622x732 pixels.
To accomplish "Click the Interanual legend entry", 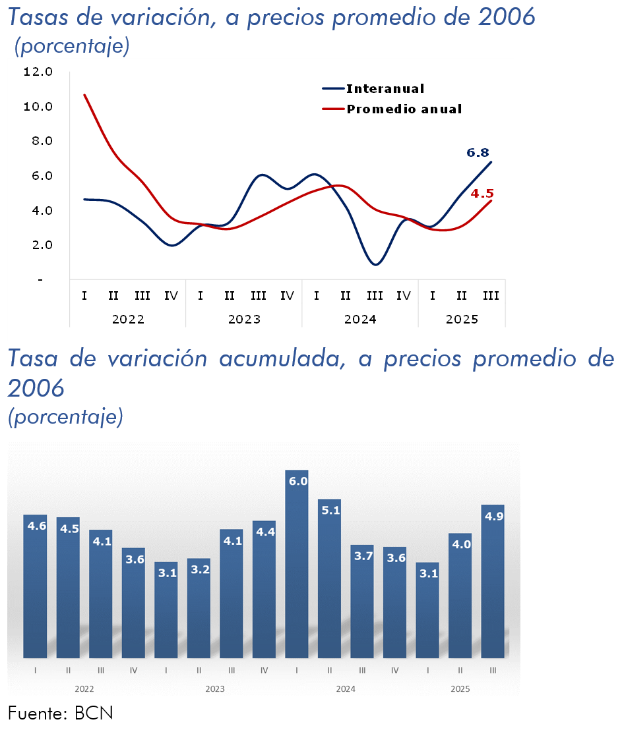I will point(385,89).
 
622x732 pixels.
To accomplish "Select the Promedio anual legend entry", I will point(404,109).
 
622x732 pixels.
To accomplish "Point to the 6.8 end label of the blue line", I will point(478,153).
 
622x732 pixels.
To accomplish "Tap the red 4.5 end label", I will point(482,194).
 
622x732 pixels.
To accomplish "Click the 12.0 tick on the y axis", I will point(38,72).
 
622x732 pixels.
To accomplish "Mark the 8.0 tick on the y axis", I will point(38,141).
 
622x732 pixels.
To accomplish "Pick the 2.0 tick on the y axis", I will point(38,245).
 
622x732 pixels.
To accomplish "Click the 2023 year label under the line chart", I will point(244,320).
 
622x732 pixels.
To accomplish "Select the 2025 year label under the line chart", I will point(462,320).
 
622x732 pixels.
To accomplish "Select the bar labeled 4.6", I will point(35,586).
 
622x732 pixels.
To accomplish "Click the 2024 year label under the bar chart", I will point(346,689).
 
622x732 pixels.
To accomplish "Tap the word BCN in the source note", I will point(94,713).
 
